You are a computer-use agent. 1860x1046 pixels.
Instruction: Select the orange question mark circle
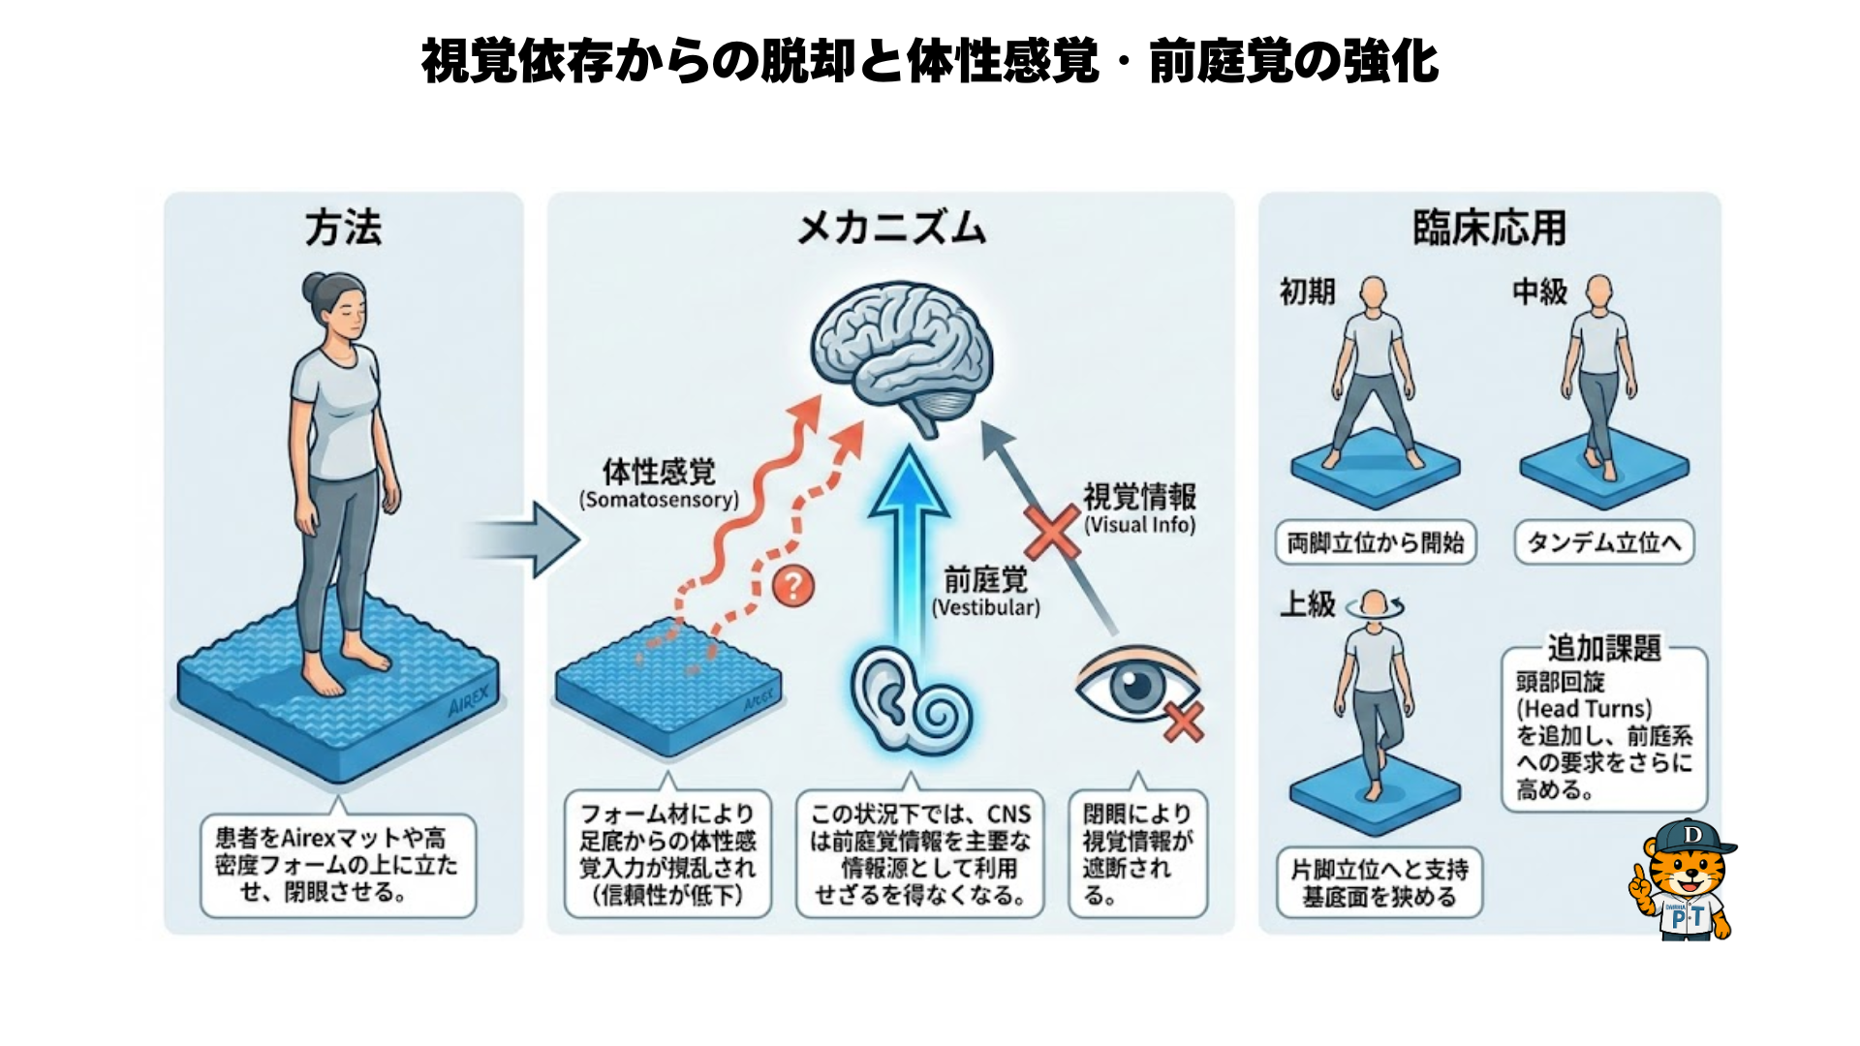(x=793, y=586)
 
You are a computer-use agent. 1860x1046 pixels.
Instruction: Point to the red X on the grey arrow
(x=1051, y=532)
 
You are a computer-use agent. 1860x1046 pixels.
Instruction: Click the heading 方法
(x=343, y=229)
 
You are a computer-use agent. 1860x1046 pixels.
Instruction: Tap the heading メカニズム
(x=890, y=229)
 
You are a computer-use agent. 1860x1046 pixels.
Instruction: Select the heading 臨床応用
(x=1489, y=229)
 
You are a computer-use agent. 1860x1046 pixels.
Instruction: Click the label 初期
(x=1307, y=292)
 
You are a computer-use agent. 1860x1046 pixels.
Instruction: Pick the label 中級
(x=1539, y=292)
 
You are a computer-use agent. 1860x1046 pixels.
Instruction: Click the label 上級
(x=1307, y=604)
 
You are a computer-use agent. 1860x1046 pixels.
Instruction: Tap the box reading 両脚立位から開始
(x=1375, y=542)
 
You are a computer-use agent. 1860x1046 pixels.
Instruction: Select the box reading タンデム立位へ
(x=1603, y=542)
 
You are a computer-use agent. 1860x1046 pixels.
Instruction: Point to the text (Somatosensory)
(x=659, y=500)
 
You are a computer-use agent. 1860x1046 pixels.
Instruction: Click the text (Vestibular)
(x=985, y=607)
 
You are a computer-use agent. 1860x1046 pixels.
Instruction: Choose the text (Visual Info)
(x=1139, y=525)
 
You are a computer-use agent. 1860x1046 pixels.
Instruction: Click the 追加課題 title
(x=1603, y=648)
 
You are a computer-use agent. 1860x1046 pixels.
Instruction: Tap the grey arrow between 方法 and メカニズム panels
(x=528, y=539)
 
